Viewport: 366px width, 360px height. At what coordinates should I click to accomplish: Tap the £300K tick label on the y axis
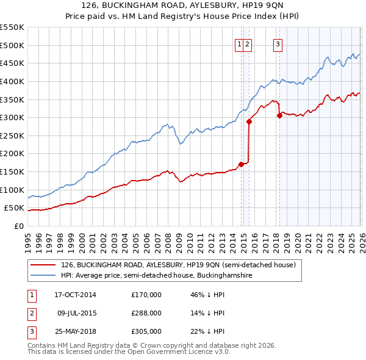click(x=12, y=117)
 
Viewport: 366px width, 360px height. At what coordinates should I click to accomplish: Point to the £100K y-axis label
click(x=12, y=190)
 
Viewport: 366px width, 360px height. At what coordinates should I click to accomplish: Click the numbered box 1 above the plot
click(x=240, y=43)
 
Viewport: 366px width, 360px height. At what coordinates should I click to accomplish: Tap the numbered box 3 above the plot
click(x=278, y=43)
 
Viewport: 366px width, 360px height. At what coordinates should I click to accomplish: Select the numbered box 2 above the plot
click(x=248, y=43)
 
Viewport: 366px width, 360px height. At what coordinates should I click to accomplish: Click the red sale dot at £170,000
click(x=241, y=164)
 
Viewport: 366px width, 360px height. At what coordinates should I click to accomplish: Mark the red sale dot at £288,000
click(x=249, y=121)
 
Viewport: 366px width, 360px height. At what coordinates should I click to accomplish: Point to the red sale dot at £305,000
click(x=279, y=115)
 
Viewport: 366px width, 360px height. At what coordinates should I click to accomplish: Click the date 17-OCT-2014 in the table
click(x=75, y=295)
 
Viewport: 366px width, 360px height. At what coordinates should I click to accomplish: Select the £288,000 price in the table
click(x=146, y=313)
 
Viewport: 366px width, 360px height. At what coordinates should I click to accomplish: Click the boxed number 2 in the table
click(x=31, y=313)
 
